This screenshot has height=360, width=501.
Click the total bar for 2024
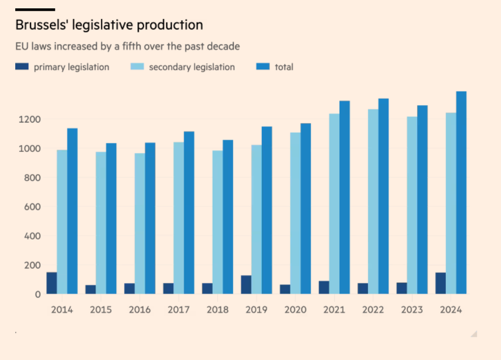(x=461, y=193)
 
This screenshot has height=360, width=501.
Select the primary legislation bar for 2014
(x=52, y=283)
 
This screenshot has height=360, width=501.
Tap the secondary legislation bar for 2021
(x=334, y=204)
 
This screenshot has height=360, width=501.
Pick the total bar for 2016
(x=150, y=218)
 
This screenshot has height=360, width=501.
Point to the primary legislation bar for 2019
(x=246, y=285)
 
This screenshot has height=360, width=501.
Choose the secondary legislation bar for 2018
(x=218, y=222)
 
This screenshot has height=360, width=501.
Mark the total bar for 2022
(x=383, y=196)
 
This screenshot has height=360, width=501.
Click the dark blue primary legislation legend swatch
(x=22, y=67)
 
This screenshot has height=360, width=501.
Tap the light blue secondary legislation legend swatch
(x=137, y=67)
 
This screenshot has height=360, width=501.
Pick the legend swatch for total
(x=263, y=67)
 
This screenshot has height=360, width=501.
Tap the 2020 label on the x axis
(x=295, y=310)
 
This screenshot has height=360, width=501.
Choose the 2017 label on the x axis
(x=179, y=310)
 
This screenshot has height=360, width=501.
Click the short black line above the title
(x=35, y=9)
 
